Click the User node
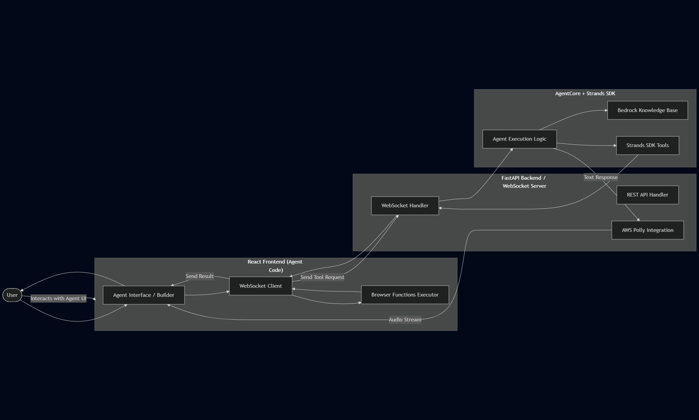click(x=12, y=295)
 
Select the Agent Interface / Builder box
click(x=144, y=295)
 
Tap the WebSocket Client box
click(x=261, y=286)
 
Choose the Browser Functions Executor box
click(x=405, y=295)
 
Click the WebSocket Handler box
click(x=405, y=206)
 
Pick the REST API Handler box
click(x=647, y=195)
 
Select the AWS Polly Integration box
click(x=647, y=230)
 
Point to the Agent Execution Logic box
click(x=519, y=139)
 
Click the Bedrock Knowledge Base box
click(x=647, y=110)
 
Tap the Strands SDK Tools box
click(x=647, y=145)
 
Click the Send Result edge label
click(x=200, y=276)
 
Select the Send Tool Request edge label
click(x=322, y=277)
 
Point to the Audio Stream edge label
click(x=405, y=320)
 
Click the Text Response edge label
click(x=601, y=177)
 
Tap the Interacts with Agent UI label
click(x=59, y=299)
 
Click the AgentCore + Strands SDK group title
click(x=585, y=94)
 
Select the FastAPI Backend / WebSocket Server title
click(x=524, y=182)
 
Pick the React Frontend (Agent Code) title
click(x=275, y=266)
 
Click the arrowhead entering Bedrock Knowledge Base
click(x=606, y=110)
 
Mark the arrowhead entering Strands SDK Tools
click(x=615, y=145)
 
